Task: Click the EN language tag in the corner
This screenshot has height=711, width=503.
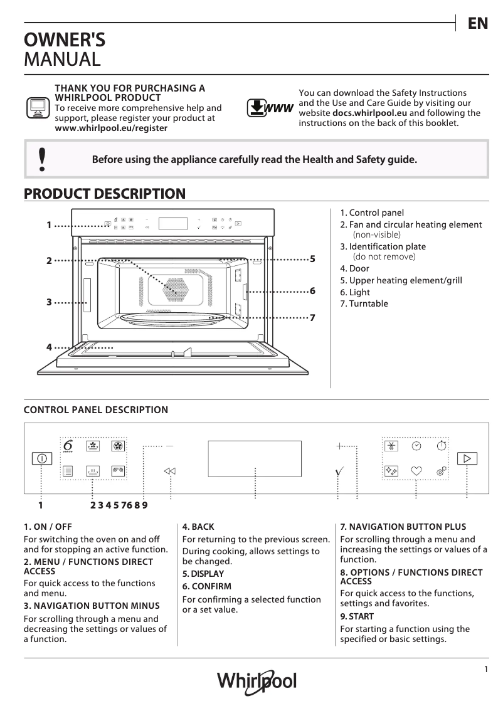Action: [477, 24]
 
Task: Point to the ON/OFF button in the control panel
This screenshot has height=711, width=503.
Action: [41, 458]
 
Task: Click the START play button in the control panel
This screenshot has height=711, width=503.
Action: [467, 458]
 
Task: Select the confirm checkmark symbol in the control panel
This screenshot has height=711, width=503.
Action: [339, 470]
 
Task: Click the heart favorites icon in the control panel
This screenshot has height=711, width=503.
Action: [416, 470]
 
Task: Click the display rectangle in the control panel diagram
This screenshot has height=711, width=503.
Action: [254, 458]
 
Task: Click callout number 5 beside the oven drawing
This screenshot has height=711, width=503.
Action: [312, 258]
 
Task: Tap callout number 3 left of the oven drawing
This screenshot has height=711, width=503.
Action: [49, 302]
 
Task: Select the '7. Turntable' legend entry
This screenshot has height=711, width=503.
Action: [364, 303]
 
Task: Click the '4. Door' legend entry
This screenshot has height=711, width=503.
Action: [354, 268]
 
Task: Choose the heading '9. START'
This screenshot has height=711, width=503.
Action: [357, 617]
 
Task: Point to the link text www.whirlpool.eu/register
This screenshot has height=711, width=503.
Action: [111, 127]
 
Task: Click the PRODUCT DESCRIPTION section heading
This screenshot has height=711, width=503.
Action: [104, 194]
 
